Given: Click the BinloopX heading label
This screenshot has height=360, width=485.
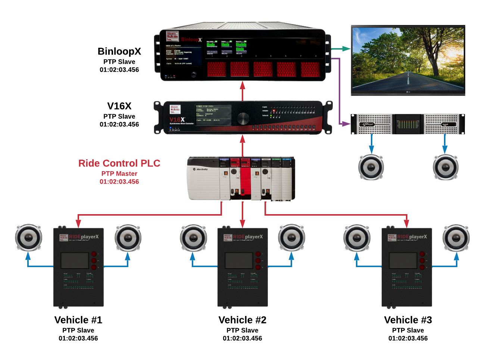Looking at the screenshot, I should pos(119,51).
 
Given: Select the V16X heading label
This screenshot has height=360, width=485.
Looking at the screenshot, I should pos(119,106).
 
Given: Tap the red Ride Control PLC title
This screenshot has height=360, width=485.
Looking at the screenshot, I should pos(119,163).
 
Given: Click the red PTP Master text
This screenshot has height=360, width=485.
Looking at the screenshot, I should pos(119,173).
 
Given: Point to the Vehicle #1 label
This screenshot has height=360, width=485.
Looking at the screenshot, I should pos(78,320).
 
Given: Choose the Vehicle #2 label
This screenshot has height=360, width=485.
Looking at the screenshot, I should pos(242,320).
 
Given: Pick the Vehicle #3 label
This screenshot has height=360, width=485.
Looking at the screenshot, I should pos(408,320).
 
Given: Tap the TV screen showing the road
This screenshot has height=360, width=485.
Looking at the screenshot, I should pos(408,60).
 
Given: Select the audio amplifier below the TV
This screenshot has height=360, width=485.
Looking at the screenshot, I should pos(408,124).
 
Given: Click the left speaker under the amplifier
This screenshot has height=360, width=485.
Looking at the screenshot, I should pos(371,167).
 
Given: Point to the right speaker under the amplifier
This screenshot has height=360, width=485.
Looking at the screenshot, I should pos(445,167).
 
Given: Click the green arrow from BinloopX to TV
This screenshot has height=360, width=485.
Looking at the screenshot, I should pos(341,48).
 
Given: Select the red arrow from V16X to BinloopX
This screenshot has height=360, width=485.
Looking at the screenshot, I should pos(242,91).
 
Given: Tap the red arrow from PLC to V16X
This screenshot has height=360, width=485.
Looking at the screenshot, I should pos(242,145).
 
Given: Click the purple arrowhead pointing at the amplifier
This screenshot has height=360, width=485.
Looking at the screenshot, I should pos(347,123).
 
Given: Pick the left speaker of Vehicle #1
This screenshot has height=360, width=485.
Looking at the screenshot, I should pos(28,237).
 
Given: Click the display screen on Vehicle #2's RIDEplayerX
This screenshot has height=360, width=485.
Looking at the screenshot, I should pos(239,260).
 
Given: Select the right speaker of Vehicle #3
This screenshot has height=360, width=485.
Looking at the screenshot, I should pos(456,237).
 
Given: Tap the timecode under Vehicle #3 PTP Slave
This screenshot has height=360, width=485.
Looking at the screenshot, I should pos(408,338).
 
